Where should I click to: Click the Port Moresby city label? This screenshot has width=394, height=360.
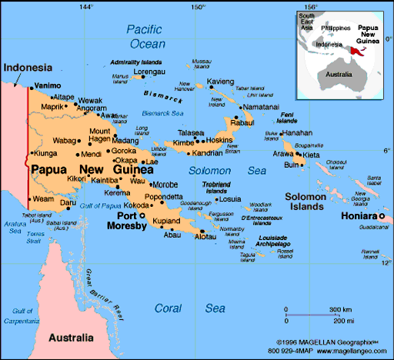click(126, 222)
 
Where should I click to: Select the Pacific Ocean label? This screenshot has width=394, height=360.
click(146, 37)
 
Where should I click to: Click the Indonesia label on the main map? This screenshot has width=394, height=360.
click(28, 67)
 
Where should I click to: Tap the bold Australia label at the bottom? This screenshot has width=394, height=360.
click(71, 337)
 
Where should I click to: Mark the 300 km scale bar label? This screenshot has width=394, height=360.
click(341, 309)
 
